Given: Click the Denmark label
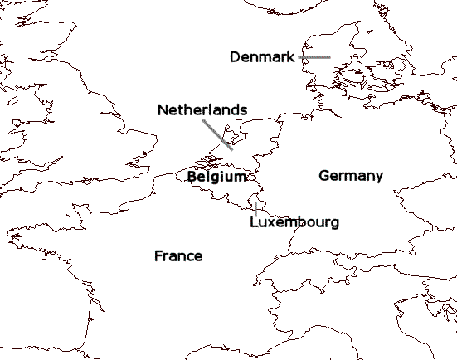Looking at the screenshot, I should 262,56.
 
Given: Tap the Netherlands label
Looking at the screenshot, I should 202,109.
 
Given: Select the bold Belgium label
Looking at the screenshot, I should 216,177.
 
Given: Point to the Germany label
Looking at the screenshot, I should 351,176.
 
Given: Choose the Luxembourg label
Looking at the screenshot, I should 294,222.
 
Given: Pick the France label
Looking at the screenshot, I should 178,255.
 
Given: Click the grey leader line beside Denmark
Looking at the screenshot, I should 314,57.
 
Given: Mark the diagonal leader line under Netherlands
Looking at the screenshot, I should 217,134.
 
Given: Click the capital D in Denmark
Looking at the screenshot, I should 235,56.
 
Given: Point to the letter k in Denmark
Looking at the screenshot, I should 290,56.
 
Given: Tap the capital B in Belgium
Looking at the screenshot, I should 192,177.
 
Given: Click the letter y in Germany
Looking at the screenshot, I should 378,178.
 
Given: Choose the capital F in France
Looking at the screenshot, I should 158,255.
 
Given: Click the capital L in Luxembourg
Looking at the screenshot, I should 254,222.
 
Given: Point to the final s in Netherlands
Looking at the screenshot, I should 243,110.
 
